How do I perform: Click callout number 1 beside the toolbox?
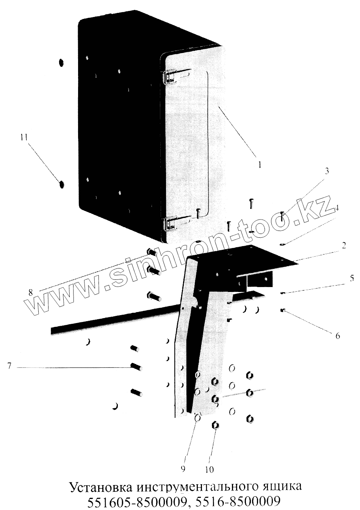(x=260, y=165)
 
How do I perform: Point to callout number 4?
(x=337, y=208)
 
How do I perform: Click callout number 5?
(x=352, y=278)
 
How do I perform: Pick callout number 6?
(x=338, y=335)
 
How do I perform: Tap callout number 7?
(x=9, y=366)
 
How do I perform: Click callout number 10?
(x=209, y=469)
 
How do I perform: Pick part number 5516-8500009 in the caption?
(x=237, y=502)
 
